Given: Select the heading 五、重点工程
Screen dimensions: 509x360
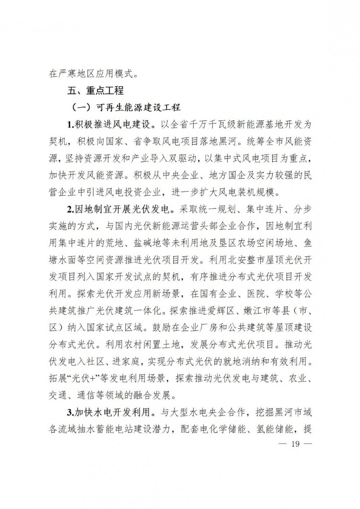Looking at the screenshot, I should click(x=95, y=91).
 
